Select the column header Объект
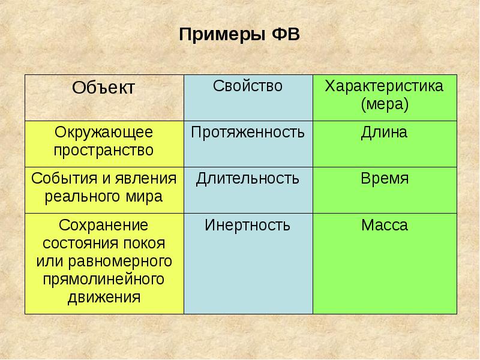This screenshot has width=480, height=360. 104,88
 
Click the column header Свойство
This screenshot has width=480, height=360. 248,86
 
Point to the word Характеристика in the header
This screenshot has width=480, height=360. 384,86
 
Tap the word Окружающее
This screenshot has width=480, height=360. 104,132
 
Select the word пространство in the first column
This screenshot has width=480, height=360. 104,150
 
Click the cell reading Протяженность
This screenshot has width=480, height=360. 248,132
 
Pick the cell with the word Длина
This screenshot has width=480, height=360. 385,132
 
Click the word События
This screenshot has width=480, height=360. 60,179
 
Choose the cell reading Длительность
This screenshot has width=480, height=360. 248,179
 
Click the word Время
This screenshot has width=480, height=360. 385,179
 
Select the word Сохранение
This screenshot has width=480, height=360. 104,226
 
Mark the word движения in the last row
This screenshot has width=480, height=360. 104,298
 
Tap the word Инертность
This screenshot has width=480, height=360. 248,226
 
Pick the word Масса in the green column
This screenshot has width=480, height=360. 385,226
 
